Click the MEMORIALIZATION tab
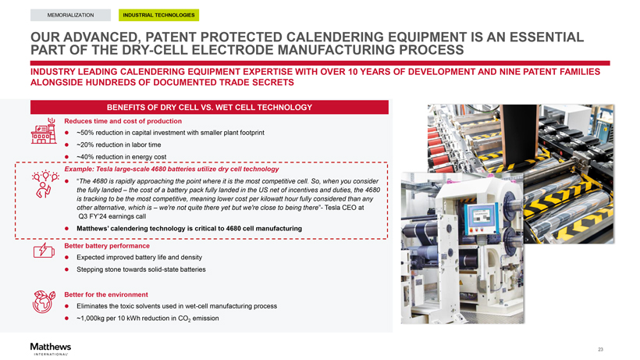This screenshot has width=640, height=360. point(70,15)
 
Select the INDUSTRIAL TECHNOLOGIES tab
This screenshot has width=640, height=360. point(158,15)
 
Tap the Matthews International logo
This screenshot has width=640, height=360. point(50,349)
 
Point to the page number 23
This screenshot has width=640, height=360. point(600,349)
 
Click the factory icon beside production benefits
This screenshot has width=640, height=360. point(44,131)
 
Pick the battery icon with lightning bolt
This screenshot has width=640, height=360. point(44,251)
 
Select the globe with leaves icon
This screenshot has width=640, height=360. point(44,302)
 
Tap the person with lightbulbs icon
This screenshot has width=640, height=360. point(45,184)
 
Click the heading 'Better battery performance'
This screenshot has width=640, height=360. point(107,246)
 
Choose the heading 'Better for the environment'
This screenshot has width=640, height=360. point(106,294)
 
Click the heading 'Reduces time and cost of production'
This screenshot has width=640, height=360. point(123,121)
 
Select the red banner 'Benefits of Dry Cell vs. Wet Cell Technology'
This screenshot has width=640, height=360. point(209,107)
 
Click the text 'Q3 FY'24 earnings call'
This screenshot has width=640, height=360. point(112,217)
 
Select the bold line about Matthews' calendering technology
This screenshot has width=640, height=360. point(190,229)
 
